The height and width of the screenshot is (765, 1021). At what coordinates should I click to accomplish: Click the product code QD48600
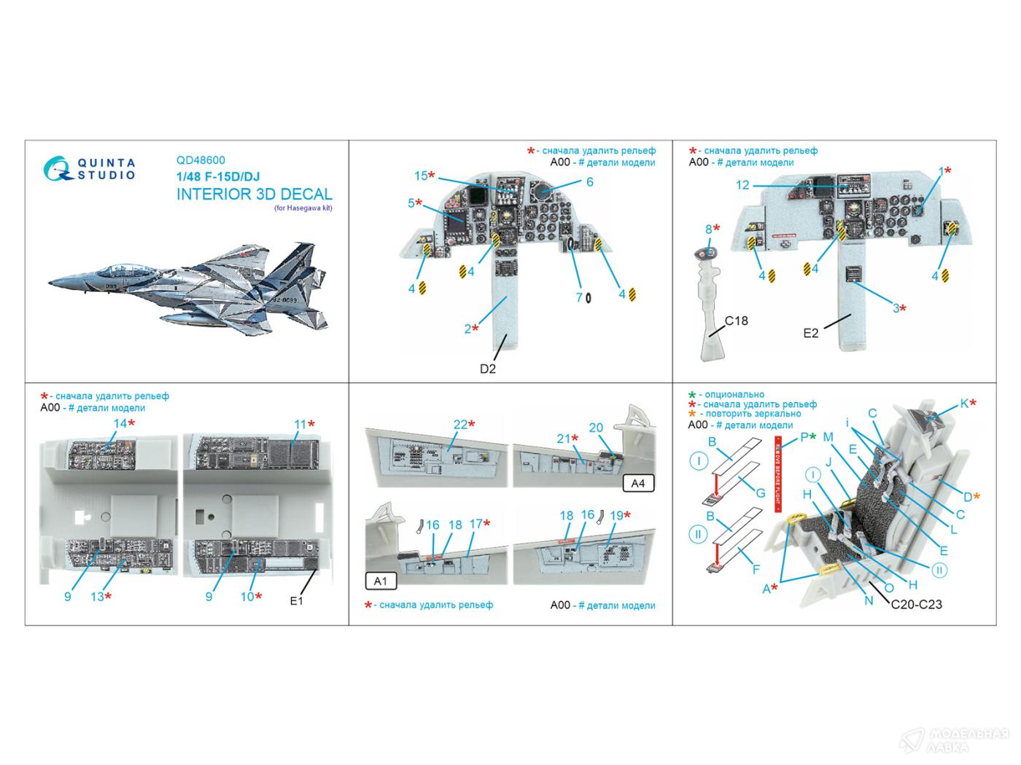[x=201, y=161]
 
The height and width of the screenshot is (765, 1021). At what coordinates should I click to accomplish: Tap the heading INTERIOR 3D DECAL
[x=254, y=195]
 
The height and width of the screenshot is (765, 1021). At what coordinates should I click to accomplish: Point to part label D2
[x=488, y=369]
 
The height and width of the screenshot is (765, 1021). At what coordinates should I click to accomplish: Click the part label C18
[x=736, y=321]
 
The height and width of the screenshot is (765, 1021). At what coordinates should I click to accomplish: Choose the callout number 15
[x=421, y=176]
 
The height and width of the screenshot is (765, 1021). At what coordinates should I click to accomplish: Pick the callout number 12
[x=742, y=185]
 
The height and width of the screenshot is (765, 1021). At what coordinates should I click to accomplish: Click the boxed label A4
[x=638, y=483]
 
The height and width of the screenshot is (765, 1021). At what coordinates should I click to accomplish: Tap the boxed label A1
[x=380, y=581]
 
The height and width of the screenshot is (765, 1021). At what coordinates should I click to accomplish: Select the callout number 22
[x=459, y=424]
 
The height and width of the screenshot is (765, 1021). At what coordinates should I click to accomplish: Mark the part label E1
[x=296, y=601]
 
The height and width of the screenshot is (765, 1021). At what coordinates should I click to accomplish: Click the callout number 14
[x=120, y=423]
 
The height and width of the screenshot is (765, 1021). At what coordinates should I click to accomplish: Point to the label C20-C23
[x=915, y=604]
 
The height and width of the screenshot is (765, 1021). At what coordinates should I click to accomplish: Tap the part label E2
[x=811, y=333]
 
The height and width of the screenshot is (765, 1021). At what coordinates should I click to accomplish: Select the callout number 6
[x=589, y=182]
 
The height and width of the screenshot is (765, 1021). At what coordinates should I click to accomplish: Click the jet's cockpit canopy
[x=109, y=270]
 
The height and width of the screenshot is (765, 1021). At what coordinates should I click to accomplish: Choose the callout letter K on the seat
[x=963, y=403]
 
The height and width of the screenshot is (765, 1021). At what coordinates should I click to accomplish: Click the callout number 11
[x=300, y=424]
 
